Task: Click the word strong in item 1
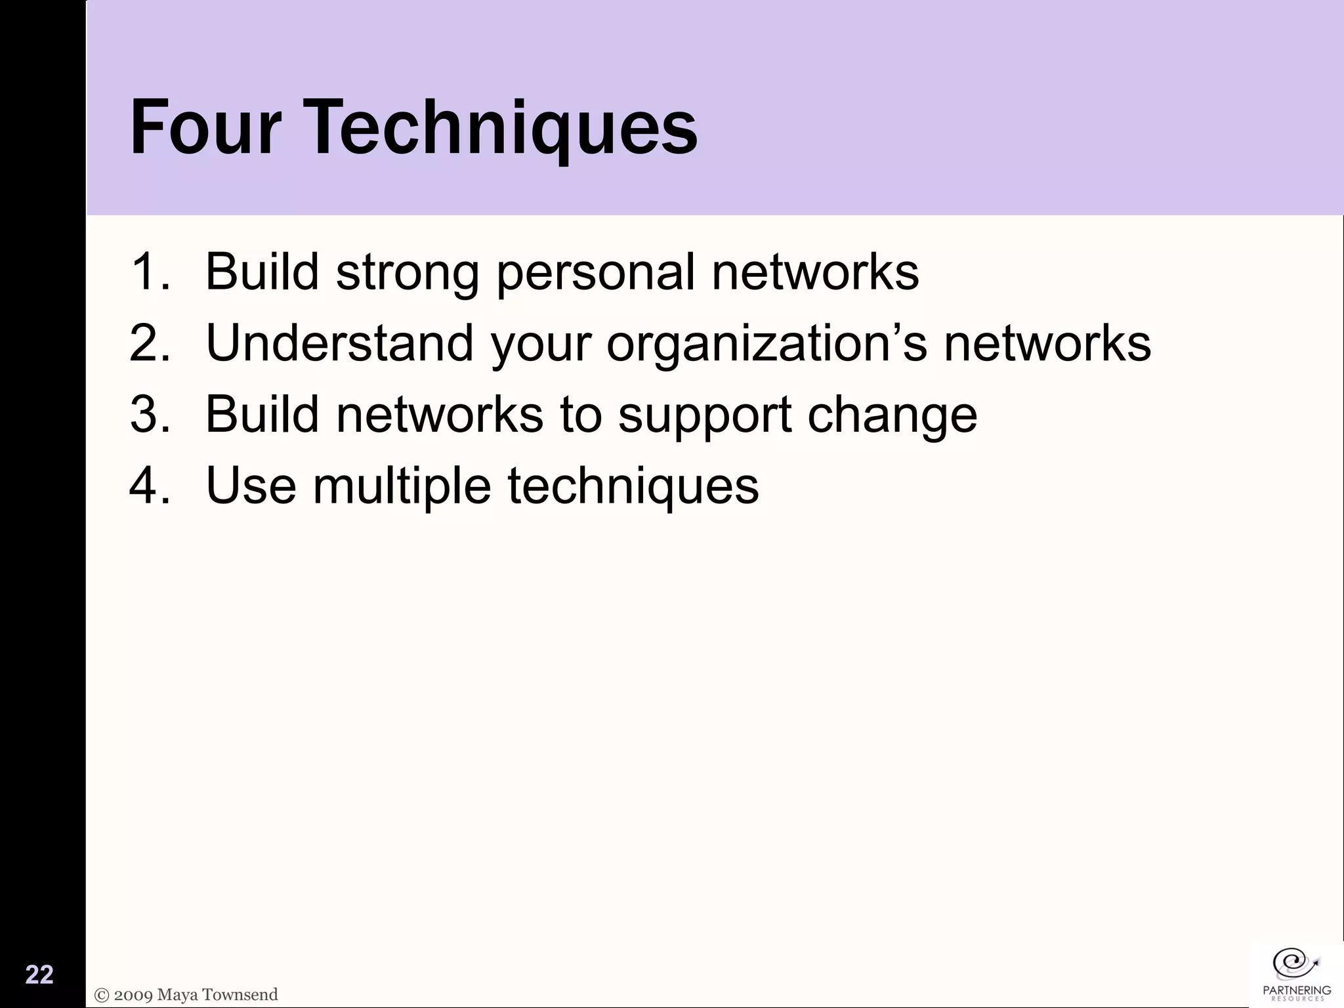tap(407, 272)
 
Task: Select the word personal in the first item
tap(595, 272)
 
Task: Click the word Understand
tap(339, 343)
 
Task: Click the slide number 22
tap(39, 975)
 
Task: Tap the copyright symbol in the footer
tap(102, 995)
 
